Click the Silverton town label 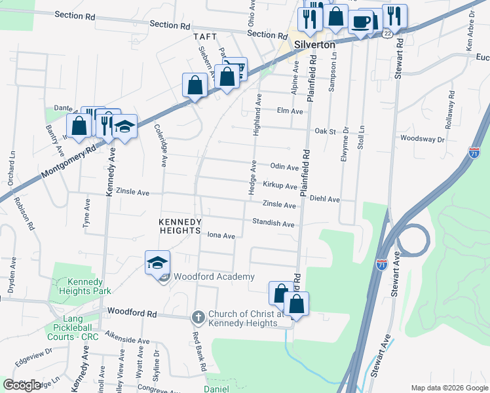[x=314, y=44]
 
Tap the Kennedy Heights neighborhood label [x=179, y=226]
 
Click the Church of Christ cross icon [x=197, y=318]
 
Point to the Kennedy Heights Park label [x=85, y=286]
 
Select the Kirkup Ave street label [x=281, y=186]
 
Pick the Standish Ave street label [x=273, y=223]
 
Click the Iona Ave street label [x=221, y=236]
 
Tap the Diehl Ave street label [x=325, y=198]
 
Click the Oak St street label [x=325, y=131]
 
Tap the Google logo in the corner [x=22, y=385]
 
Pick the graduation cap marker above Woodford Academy [x=157, y=262]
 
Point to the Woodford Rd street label [x=132, y=314]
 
